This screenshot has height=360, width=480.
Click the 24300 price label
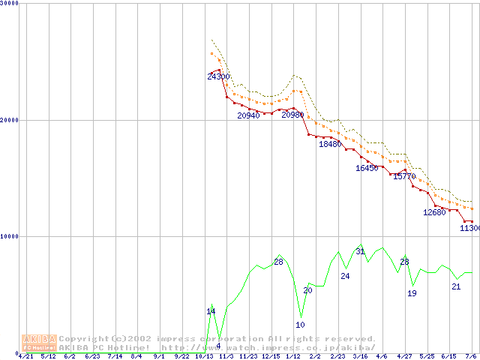pos(219,76)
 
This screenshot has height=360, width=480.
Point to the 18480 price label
pos(330,144)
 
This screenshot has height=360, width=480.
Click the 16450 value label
pos(367,168)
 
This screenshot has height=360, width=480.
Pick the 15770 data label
pos(404,176)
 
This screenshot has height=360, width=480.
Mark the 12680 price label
pos(434,212)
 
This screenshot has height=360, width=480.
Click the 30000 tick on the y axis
pos(10,3)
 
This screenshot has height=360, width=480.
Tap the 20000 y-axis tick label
pos(10,120)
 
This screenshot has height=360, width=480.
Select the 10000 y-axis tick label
pos(10,236)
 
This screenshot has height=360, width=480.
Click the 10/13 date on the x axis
pos(204,356)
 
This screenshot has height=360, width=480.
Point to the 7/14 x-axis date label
pos(115,356)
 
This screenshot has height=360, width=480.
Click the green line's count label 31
pos(360,251)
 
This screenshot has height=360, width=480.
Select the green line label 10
pos(300,325)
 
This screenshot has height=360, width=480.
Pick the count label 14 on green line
pos(211,311)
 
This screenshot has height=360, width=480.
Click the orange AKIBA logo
pos(39,343)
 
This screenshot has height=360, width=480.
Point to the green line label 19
pos(412,293)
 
